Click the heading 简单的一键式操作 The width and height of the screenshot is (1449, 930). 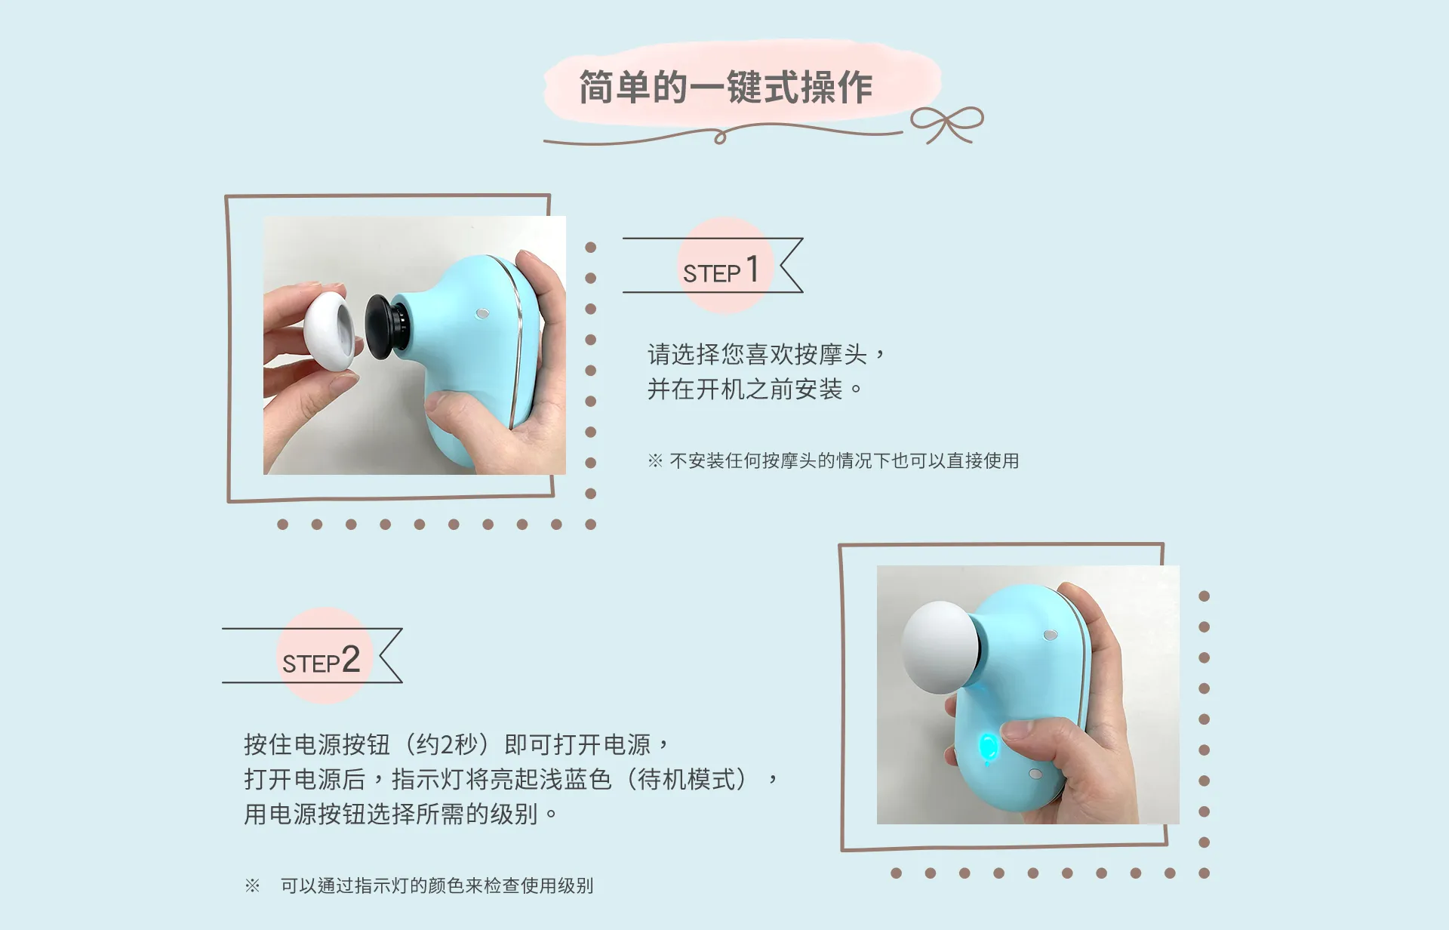(725, 88)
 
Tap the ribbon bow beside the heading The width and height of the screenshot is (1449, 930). (946, 124)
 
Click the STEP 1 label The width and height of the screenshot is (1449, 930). (721, 270)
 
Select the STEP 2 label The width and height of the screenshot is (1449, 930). (321, 661)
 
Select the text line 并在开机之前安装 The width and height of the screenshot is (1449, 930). (745, 390)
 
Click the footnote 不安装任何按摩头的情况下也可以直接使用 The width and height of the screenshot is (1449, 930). (844, 460)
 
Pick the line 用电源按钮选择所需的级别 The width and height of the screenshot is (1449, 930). (391, 814)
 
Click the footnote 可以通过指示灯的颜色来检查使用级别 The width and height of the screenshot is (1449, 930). (437, 885)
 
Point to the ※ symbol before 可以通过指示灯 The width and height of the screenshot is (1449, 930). (252, 885)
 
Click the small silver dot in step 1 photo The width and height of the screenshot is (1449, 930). (483, 313)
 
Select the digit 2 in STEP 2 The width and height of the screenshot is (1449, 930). (350, 659)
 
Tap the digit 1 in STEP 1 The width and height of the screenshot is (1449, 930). (752, 269)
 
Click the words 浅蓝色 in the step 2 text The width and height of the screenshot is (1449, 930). (575, 779)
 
